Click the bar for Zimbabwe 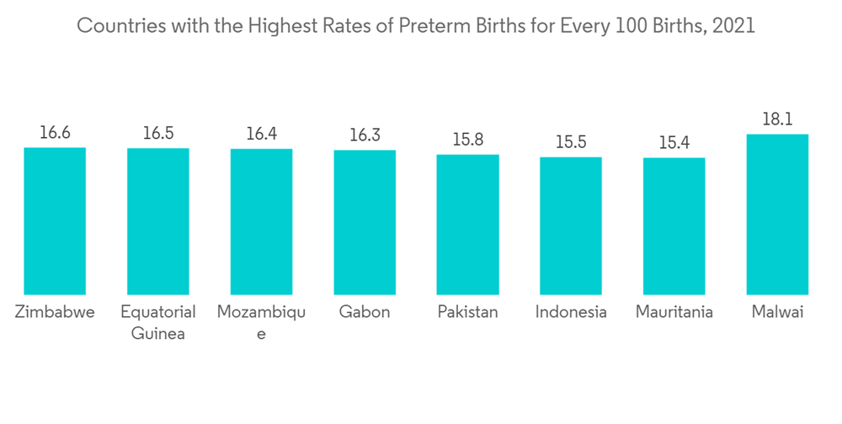[x=55, y=220]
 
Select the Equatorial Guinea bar [x=158, y=221]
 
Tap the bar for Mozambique [x=261, y=221]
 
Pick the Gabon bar [x=365, y=222]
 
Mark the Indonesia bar [x=571, y=225]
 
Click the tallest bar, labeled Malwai [x=777, y=214]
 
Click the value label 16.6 [x=55, y=132]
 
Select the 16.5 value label [x=158, y=133]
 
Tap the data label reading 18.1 [x=777, y=119]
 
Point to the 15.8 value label [x=467, y=139]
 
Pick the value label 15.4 [x=674, y=142]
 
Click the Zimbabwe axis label [x=55, y=312]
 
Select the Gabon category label [x=365, y=312]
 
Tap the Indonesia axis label [x=571, y=312]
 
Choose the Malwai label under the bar [x=777, y=312]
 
